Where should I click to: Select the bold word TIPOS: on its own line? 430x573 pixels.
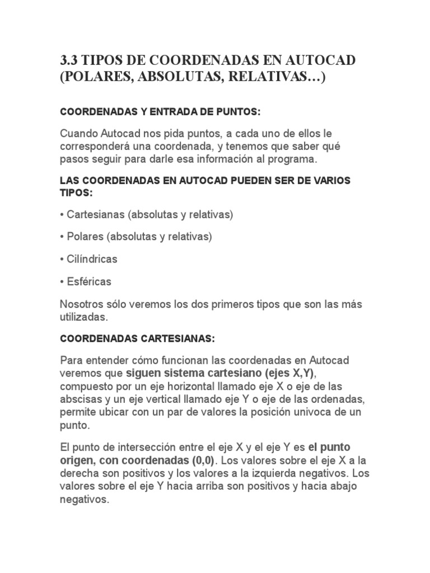click(x=76, y=192)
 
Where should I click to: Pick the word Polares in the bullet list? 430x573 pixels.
click(x=85, y=237)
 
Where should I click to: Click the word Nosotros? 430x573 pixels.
click(x=81, y=304)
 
